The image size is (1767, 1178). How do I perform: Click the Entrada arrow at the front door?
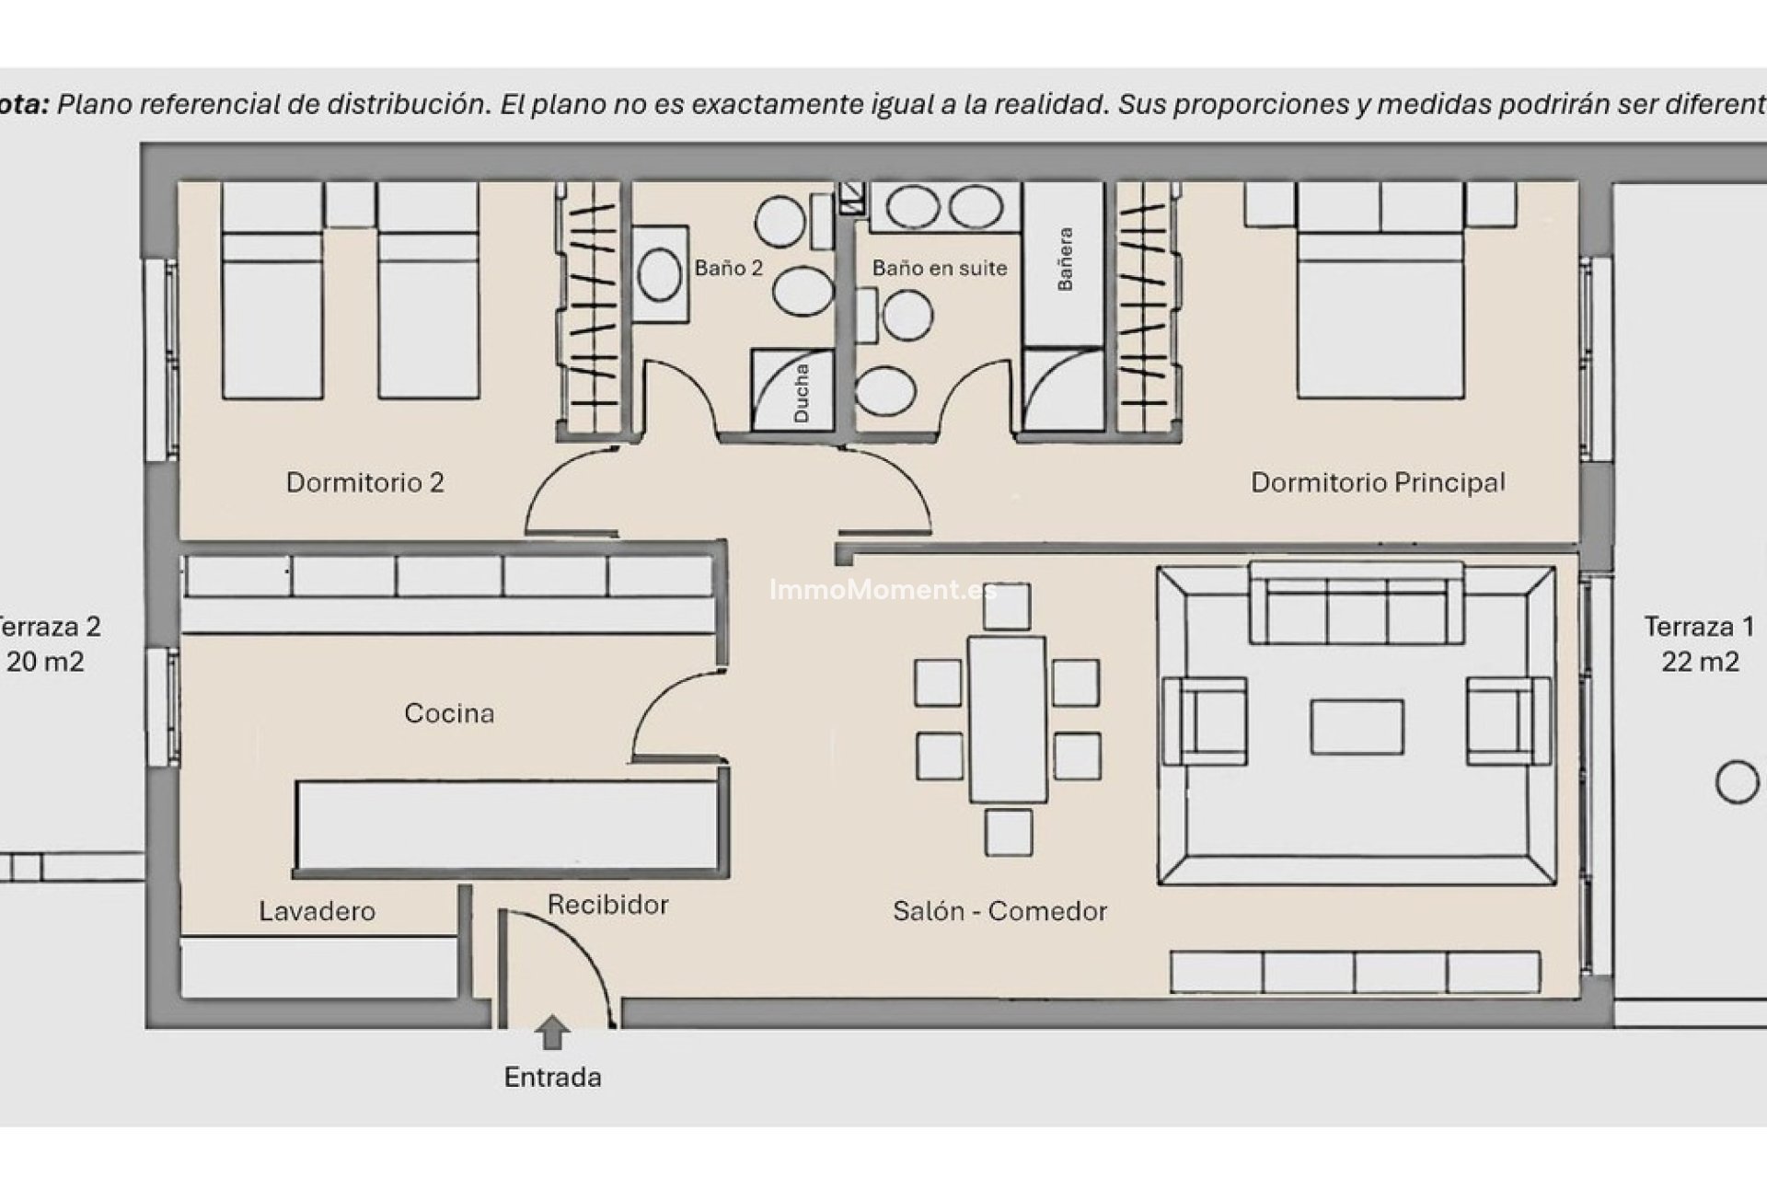[x=551, y=1032]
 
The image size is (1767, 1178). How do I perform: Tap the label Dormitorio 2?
[x=364, y=482]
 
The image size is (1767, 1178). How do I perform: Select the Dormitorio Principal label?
[x=1378, y=482]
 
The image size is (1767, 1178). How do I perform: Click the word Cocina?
[x=449, y=713]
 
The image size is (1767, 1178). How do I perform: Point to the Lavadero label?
[x=317, y=911]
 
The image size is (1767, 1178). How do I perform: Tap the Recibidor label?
[x=607, y=905]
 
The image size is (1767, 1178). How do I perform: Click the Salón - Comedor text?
[x=999, y=911]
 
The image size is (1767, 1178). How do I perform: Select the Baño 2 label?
[x=728, y=268]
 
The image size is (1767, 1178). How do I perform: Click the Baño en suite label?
[x=939, y=268]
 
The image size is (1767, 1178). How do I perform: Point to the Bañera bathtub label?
[x=1065, y=260]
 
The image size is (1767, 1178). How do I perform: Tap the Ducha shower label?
[x=801, y=393]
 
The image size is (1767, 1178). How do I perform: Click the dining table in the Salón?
[x=1007, y=719]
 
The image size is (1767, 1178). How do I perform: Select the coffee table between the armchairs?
[x=1357, y=727]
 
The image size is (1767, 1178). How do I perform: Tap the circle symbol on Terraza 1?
[x=1737, y=782]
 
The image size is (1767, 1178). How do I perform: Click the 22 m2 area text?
[x=1700, y=662]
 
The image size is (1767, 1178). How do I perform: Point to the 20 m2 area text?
[x=46, y=662]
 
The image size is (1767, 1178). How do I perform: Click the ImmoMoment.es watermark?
[x=882, y=590]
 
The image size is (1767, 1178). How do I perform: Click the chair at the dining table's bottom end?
[x=1008, y=832]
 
